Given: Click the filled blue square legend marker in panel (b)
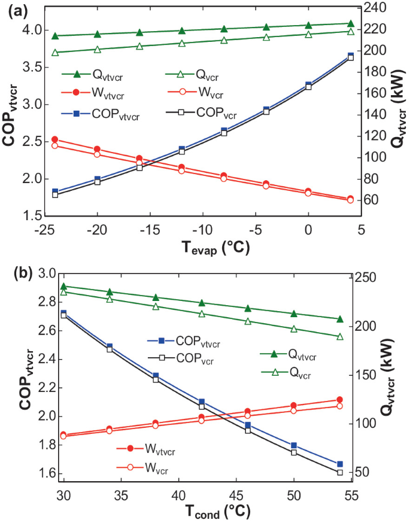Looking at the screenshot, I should [x=162, y=340].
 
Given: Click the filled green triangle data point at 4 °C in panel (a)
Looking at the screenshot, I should [x=350, y=24].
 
